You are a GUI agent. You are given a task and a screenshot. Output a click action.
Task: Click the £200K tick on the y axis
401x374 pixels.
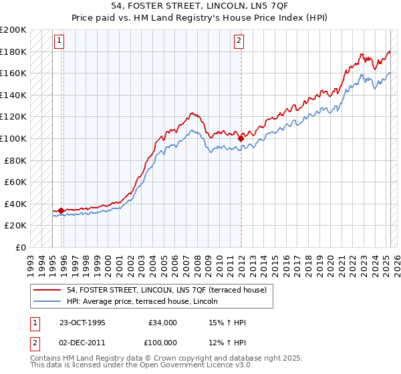point(13,30)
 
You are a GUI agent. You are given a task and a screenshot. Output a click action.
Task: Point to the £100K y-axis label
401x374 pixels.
point(13,138)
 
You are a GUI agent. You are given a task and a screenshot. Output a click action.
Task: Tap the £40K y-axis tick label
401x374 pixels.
point(15,204)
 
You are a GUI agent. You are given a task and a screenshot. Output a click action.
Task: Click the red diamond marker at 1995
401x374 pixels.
point(61,210)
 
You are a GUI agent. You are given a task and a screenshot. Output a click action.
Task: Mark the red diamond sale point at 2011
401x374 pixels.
point(241,138)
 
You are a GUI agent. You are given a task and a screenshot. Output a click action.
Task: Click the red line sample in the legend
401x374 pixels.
point(48,290)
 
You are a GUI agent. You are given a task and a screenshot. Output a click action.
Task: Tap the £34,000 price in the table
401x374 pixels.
point(162,323)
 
